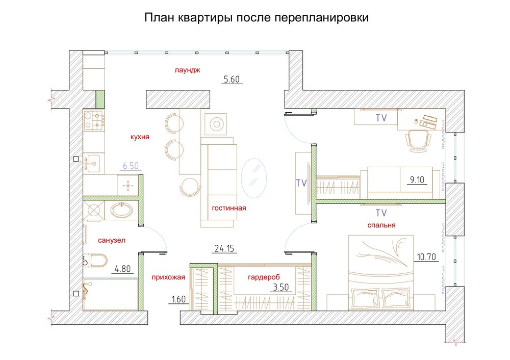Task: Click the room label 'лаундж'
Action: (x=187, y=71)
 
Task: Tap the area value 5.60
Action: (x=232, y=79)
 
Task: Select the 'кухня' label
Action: (x=140, y=137)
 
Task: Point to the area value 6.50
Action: (x=131, y=166)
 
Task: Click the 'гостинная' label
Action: (x=229, y=208)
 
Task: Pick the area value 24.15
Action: (x=224, y=249)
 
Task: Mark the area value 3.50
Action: (x=282, y=288)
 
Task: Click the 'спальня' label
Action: (x=381, y=225)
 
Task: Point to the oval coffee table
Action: (x=253, y=176)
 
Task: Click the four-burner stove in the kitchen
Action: (x=94, y=120)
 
